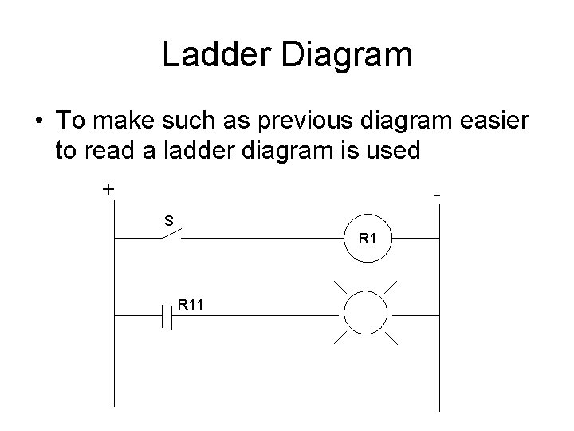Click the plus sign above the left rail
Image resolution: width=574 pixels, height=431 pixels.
108,189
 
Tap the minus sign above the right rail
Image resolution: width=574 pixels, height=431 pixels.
438,194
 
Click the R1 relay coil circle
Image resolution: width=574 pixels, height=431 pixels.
368,237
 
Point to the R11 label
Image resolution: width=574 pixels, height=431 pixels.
191,303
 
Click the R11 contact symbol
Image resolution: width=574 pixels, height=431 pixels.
167,316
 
